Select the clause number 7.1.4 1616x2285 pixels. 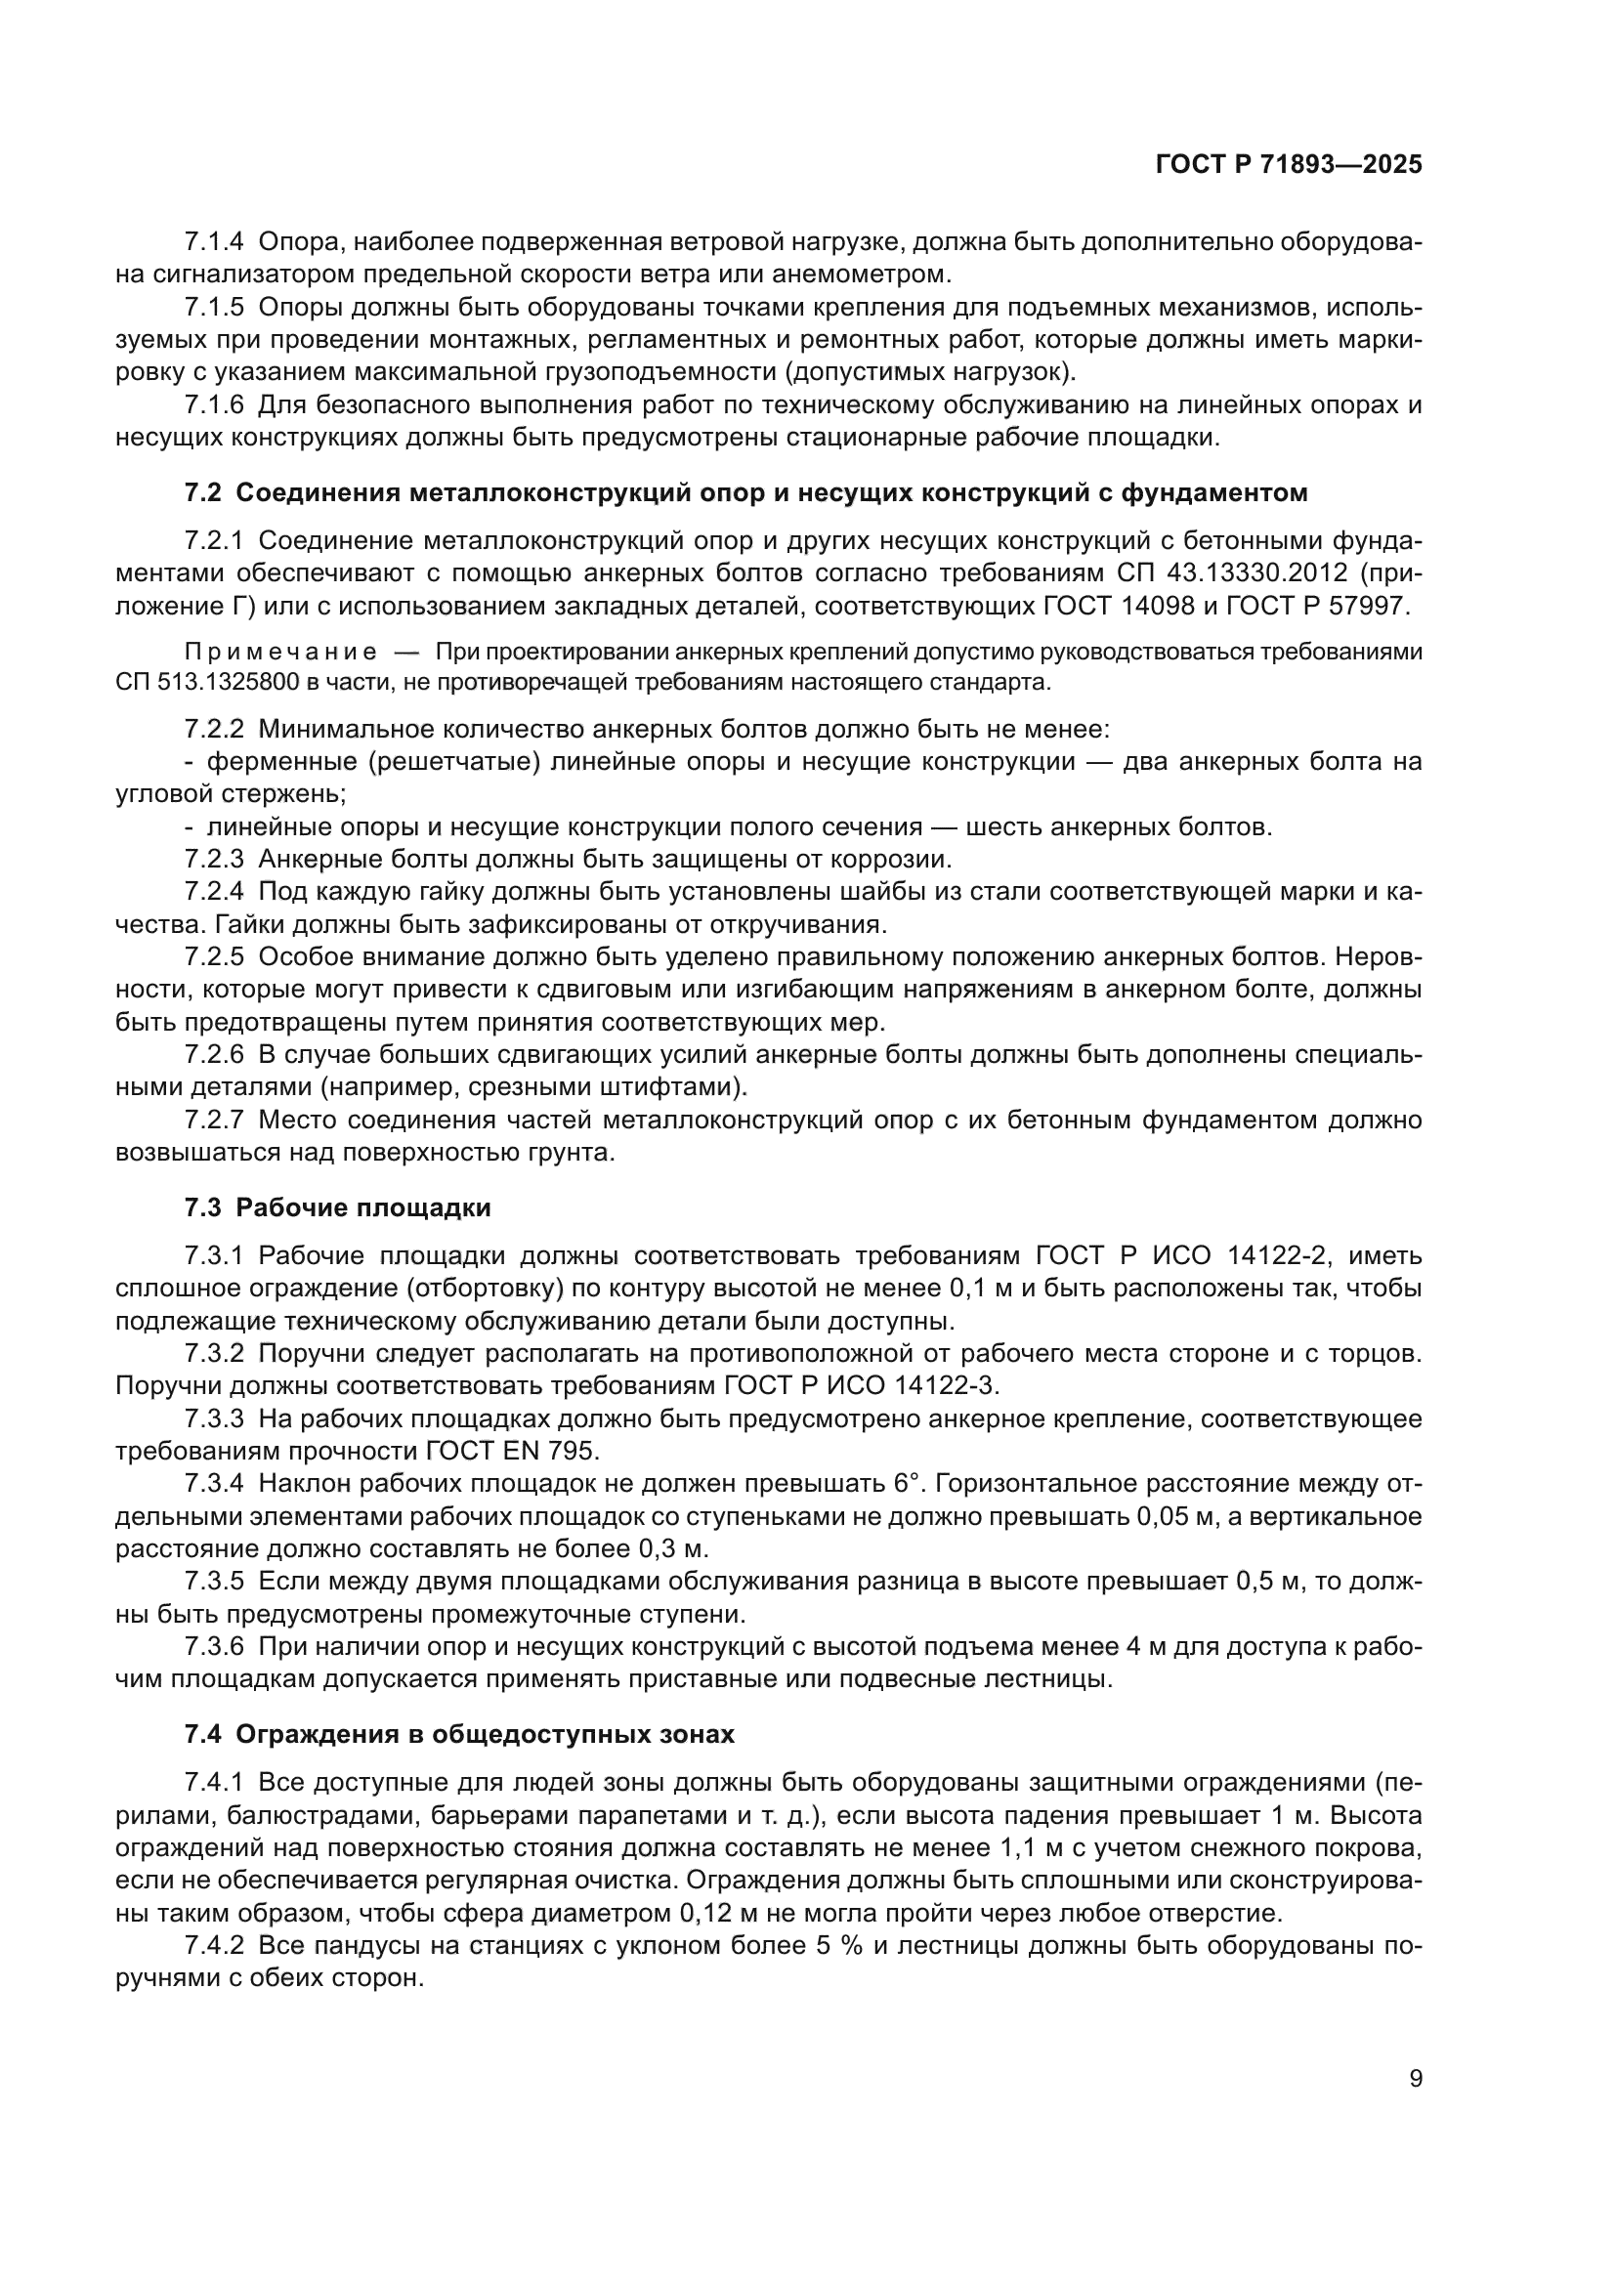point(213,242)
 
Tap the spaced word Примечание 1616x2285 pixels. point(280,652)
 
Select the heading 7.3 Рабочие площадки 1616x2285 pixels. point(337,1208)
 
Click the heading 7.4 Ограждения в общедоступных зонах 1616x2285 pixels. point(459,1735)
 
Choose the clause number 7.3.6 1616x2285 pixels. point(213,1646)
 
